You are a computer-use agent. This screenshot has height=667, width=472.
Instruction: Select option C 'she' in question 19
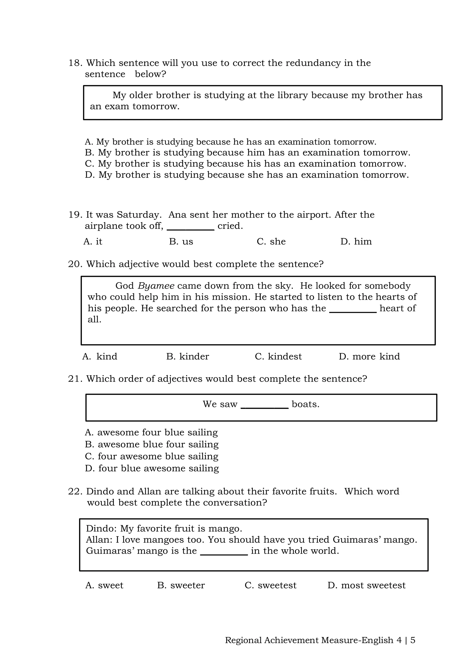point(271,241)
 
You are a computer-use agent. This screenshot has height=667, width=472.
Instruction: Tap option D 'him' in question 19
point(356,241)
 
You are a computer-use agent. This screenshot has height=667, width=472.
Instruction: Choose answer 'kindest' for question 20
point(278,357)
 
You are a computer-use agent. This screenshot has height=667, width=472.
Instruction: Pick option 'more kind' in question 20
point(369,357)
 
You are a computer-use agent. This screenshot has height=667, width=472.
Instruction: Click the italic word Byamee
point(156,286)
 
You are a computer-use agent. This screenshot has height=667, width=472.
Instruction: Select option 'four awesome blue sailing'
point(152,456)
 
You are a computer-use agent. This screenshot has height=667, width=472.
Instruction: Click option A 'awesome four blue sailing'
point(151,433)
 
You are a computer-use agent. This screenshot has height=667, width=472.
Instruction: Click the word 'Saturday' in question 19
point(139,215)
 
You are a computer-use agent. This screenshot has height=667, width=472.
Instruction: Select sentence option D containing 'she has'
point(247,175)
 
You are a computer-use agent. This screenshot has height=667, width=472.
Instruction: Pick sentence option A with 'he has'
point(230,142)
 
